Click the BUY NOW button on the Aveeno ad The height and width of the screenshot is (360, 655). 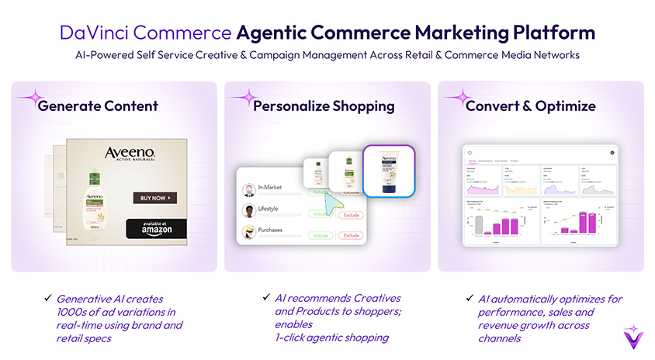(x=154, y=198)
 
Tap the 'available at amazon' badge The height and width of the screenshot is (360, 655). (x=156, y=228)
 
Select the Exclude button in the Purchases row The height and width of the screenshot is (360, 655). (x=350, y=235)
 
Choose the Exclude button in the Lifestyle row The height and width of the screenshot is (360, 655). (x=350, y=213)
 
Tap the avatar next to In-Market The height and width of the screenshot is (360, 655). (x=248, y=190)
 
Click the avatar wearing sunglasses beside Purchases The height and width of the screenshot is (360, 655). (x=248, y=233)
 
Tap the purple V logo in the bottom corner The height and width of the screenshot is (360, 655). (x=633, y=338)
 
